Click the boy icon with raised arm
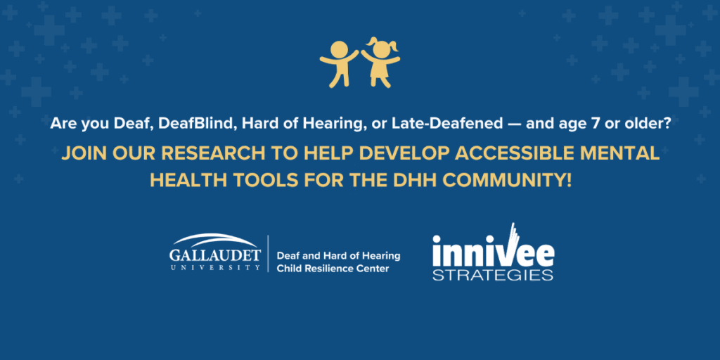click(x=338, y=61)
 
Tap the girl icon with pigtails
click(x=381, y=62)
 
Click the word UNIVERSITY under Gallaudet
click(x=214, y=268)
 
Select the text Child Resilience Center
click(x=333, y=269)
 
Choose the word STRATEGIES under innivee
click(x=492, y=275)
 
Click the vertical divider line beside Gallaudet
click(x=268, y=253)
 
